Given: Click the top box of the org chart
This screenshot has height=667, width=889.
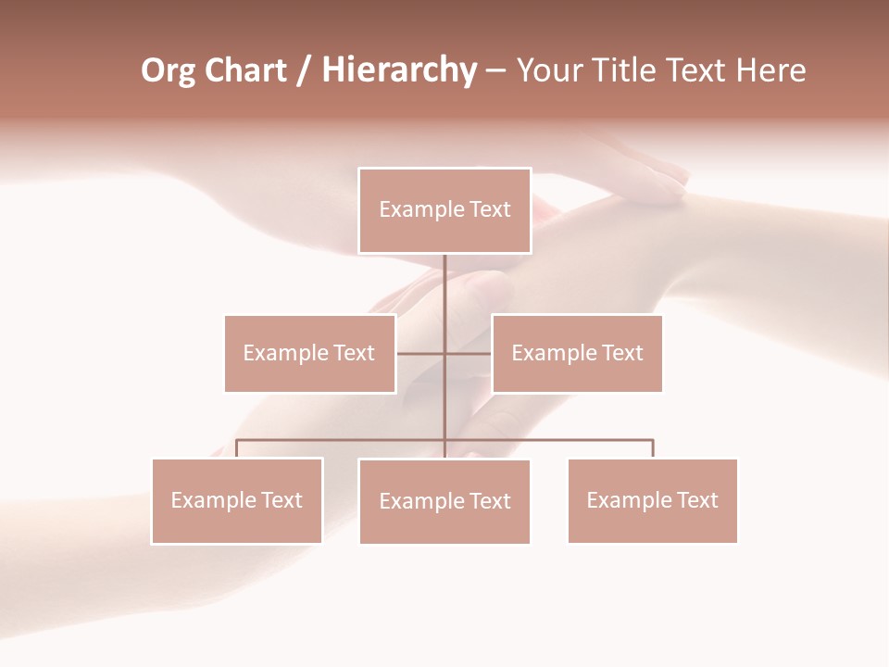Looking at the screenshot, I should (444, 210).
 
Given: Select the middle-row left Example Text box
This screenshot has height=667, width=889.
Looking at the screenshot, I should (309, 353).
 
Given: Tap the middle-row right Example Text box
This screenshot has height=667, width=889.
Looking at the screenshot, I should (577, 353).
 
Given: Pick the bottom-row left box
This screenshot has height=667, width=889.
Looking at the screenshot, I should (237, 500).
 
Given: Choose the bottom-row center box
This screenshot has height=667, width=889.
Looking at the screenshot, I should (444, 501).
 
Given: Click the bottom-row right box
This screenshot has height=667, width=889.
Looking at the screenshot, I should (652, 500).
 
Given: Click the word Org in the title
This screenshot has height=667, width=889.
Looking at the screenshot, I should (168, 71).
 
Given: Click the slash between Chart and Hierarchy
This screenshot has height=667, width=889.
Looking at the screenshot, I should (305, 71).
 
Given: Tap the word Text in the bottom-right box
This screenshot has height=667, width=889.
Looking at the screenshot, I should (698, 500).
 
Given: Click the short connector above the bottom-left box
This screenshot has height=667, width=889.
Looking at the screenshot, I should (237, 448).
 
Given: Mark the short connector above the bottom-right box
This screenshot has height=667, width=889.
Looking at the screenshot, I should (653, 448).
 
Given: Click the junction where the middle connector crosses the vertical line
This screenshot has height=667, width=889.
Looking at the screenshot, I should (444, 353).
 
